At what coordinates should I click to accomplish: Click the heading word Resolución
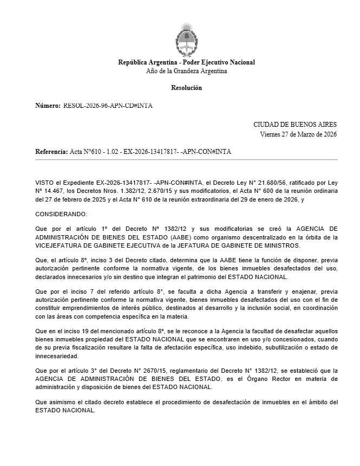click(x=186, y=88)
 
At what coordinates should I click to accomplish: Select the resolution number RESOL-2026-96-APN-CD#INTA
click(x=108, y=106)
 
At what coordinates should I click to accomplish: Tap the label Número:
click(x=48, y=106)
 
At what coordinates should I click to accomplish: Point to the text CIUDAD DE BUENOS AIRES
click(x=294, y=125)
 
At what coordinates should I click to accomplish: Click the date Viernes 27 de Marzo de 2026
click(x=298, y=134)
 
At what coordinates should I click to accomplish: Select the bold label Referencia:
click(x=51, y=152)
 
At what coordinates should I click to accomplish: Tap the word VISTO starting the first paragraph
click(x=45, y=183)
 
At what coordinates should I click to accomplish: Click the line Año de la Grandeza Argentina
click(x=186, y=71)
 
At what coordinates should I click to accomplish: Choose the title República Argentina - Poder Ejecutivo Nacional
click(x=186, y=62)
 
